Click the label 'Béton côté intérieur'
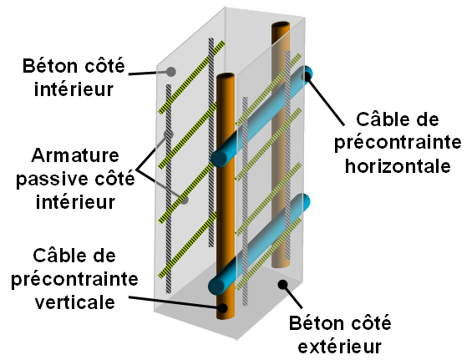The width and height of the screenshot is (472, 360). pos(74,78)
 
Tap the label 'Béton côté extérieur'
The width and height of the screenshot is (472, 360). pos(340,334)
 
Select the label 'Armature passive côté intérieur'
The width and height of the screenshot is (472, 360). pos(75,179)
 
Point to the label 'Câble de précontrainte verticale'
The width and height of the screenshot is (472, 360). pos(74,279)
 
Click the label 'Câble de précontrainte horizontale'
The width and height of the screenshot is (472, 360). pos(398,142)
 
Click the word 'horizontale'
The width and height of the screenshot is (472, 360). pos(398,165)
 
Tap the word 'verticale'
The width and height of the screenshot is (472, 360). pos(75,302)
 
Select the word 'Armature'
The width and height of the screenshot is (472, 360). pos(75,155)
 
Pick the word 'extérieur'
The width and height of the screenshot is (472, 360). pos(340,347)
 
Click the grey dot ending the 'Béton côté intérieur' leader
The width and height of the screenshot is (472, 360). pos(171,72)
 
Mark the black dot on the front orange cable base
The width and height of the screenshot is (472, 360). pos(223,308)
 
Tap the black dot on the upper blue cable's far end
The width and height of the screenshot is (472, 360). pos(306,76)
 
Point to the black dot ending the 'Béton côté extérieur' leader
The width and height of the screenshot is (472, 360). pos(282,285)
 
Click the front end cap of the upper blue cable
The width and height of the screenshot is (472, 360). pos(219,159)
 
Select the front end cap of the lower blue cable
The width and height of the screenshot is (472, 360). pos(216,286)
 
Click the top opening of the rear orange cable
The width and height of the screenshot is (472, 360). pos(281,26)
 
